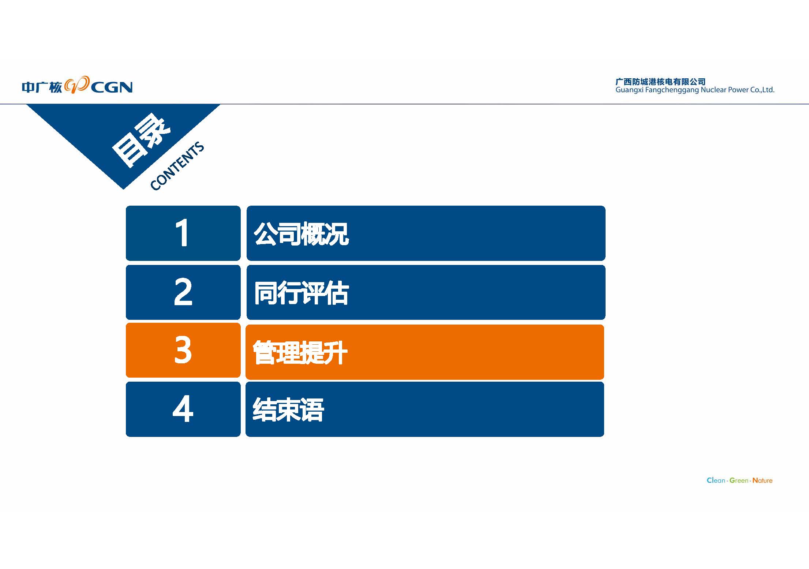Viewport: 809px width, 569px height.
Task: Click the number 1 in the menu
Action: tap(182, 233)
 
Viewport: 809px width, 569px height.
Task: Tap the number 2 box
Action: tap(183, 292)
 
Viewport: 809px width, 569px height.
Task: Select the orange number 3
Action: tap(183, 350)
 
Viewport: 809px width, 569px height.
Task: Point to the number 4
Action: tap(183, 409)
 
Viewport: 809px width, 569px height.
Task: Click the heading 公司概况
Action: tap(301, 234)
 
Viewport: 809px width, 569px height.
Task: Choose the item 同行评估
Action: tap(301, 293)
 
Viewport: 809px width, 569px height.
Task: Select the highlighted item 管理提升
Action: tap(300, 352)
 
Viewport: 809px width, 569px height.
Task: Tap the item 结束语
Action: tap(288, 409)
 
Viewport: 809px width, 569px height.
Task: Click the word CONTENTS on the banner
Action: tap(177, 166)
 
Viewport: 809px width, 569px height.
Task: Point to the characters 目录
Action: tap(141, 141)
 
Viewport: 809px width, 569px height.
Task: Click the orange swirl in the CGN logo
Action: tap(77, 85)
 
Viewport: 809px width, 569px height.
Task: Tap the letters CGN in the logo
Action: tap(112, 87)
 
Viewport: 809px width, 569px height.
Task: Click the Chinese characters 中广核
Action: tap(42, 87)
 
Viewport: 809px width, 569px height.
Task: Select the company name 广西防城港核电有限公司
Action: tap(660, 82)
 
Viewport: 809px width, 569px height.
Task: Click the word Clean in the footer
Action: tap(716, 480)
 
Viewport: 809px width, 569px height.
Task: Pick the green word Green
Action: tap(739, 480)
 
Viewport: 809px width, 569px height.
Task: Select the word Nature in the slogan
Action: tap(763, 480)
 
